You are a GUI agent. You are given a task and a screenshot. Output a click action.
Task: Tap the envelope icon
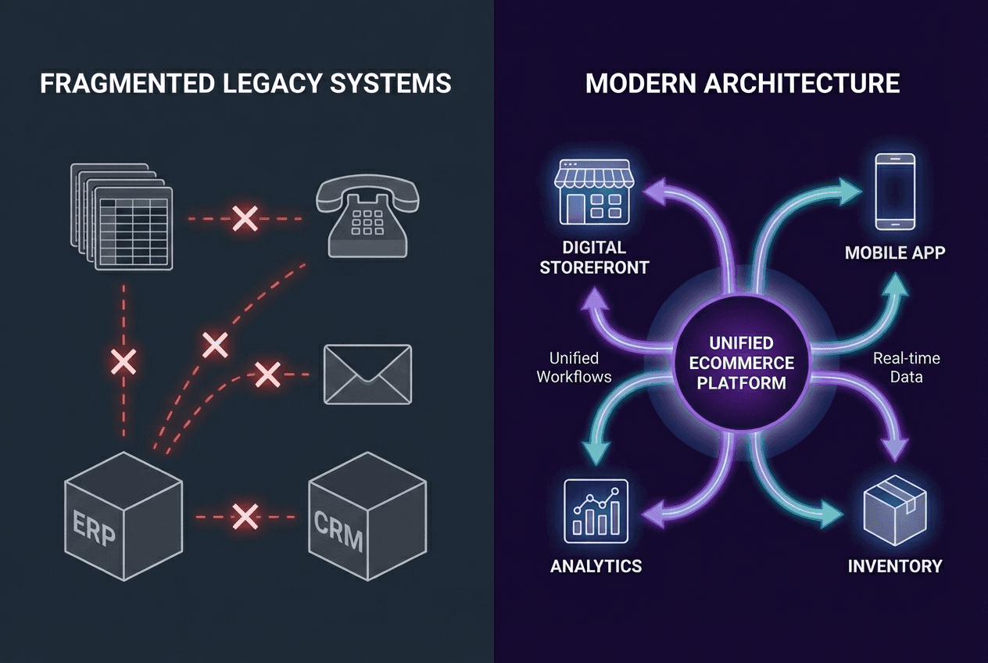pyautogui.click(x=367, y=375)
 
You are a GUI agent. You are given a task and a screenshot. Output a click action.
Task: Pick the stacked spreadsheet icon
pyautogui.click(x=123, y=216)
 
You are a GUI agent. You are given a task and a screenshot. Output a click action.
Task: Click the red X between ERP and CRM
pyautogui.click(x=245, y=515)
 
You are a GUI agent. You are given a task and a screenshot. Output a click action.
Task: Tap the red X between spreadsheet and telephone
pyautogui.click(x=245, y=219)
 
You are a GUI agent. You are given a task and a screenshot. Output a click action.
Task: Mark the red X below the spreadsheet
pyautogui.click(x=123, y=360)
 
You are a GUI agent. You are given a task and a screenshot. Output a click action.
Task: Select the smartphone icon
pyautogui.click(x=894, y=191)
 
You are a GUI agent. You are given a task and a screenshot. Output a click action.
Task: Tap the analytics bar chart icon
pyautogui.click(x=596, y=509)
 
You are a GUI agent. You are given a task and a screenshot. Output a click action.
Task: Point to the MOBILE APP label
pyautogui.click(x=894, y=253)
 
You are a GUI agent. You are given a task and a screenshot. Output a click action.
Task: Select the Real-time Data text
pyautogui.click(x=907, y=367)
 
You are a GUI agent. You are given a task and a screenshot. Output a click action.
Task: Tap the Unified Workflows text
pyautogui.click(x=574, y=367)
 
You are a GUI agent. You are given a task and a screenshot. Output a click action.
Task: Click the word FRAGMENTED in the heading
pyautogui.click(x=117, y=83)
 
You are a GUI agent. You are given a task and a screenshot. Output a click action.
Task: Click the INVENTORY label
pyautogui.click(x=895, y=565)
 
